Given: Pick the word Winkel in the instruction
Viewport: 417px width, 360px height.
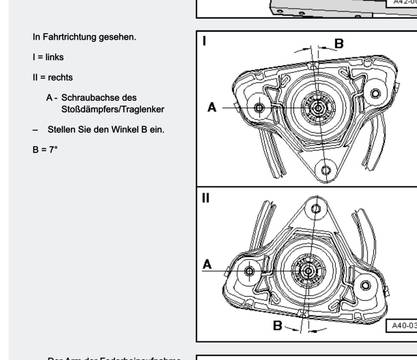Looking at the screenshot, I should tap(126, 130).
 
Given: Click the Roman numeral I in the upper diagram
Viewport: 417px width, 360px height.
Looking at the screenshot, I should tap(205, 42).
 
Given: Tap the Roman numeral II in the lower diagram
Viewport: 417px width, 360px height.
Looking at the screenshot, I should tap(206, 197).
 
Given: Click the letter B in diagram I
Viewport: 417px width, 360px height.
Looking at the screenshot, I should tap(338, 43).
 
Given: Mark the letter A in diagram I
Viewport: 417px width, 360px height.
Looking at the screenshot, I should tap(212, 106).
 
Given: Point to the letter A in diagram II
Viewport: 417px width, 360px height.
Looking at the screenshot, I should tap(207, 264).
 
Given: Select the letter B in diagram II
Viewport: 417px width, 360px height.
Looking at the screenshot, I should tap(278, 325).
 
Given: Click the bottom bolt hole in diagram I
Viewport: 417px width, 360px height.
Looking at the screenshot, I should tap(324, 170).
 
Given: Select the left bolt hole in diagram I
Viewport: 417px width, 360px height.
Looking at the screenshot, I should tap(259, 106).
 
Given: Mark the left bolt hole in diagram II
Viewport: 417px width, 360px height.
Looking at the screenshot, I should tap(246, 268).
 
